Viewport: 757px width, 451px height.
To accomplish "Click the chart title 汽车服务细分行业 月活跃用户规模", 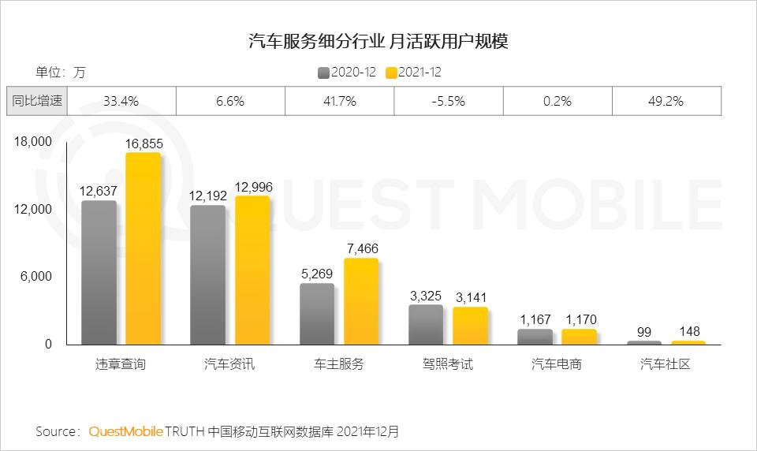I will coord(378,41).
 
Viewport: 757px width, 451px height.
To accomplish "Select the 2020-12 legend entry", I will coord(348,73).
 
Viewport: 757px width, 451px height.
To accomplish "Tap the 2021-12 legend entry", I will coord(413,73).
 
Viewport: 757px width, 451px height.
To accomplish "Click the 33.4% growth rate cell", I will coord(121,101).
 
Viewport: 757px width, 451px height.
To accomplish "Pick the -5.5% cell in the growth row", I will coord(449,101).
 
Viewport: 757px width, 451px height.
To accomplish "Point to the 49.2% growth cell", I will coord(666,101).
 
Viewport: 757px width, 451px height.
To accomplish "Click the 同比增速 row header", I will coord(37,101).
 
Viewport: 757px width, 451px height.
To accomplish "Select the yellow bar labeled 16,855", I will coord(143,248).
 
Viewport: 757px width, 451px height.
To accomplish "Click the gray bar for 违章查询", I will coord(99,272).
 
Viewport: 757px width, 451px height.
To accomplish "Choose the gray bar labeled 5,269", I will coord(317,314).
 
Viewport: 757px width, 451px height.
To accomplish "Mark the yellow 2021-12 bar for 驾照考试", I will coord(470,325).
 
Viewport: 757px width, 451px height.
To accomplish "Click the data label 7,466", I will coord(362,249).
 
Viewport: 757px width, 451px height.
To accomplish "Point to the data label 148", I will coord(688,331).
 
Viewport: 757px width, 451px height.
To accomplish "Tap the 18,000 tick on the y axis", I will coord(32,142).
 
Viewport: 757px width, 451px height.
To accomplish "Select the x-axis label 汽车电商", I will coord(557,364).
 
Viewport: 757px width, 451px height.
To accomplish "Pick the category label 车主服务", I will coord(338,364).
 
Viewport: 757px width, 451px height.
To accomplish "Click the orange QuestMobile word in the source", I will coord(126,431).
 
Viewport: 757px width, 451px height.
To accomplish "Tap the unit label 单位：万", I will coord(60,73).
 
